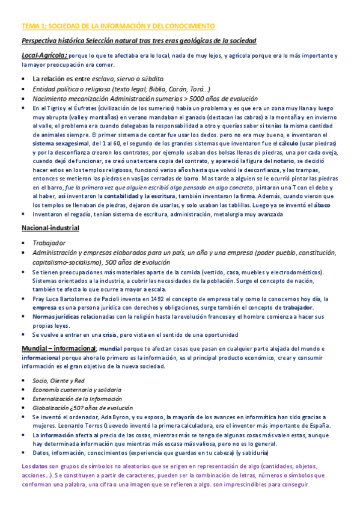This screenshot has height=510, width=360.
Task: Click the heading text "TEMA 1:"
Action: tap(34, 26)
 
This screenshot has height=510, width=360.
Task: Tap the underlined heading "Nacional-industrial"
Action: tap(50, 229)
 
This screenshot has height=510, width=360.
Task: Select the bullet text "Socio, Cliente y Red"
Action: tap(59, 381)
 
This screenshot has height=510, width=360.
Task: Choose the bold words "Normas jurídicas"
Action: tap(55, 316)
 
